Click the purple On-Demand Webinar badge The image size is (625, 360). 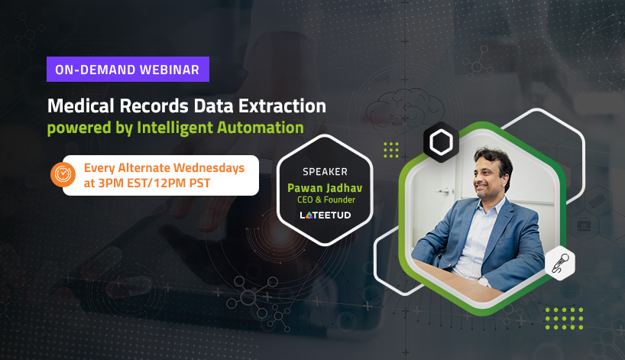pos(128,69)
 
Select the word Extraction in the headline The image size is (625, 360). pos(282,106)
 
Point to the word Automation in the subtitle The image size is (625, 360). pos(261,128)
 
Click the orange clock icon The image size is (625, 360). pos(63,174)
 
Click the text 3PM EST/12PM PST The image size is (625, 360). pos(154,183)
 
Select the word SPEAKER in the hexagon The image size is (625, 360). pos(325,172)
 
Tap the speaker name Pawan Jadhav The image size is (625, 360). pos(325,188)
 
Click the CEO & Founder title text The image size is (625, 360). pos(326,199)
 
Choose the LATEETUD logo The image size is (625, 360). pos(325,216)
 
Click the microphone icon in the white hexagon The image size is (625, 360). pos(560,263)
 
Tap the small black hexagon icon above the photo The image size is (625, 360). pos(441,142)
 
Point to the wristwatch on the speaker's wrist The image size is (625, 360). pos(484,281)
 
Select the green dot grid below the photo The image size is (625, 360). pos(564,319)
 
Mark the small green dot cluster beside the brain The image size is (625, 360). pos(391,150)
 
